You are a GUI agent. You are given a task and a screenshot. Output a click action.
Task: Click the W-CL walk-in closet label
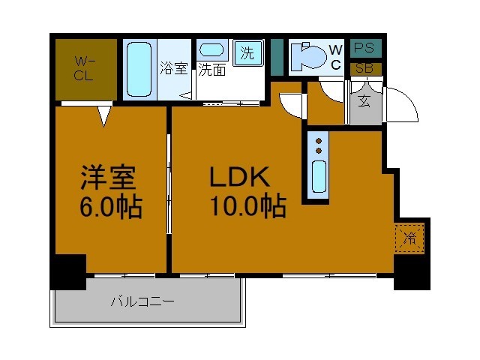click(x=83, y=67)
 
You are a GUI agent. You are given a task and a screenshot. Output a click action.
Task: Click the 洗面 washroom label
click(x=211, y=70)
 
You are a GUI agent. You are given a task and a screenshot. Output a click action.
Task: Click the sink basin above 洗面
click(x=214, y=51)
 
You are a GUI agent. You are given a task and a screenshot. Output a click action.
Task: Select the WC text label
click(x=336, y=57)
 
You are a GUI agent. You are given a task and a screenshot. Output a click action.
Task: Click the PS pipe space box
click(x=364, y=48)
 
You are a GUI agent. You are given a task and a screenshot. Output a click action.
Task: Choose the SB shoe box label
click(x=364, y=68)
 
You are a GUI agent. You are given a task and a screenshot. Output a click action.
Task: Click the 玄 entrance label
click(x=364, y=100)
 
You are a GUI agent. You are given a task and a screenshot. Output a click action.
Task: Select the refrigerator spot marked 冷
click(x=409, y=239)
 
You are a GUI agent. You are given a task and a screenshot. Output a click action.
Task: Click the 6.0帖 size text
click(x=111, y=206)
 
